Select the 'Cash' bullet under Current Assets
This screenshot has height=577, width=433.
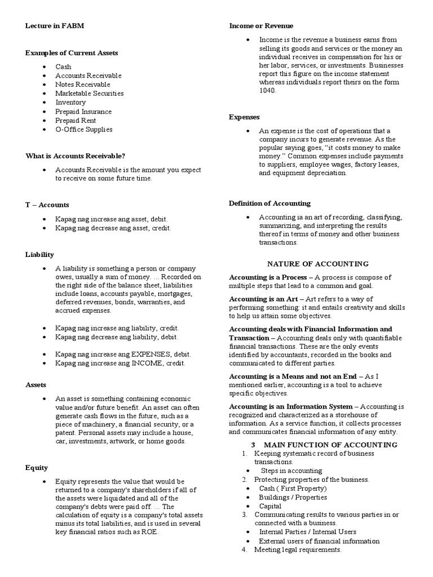(63, 66)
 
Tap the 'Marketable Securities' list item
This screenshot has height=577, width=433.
(89, 94)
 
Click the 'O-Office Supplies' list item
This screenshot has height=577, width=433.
(83, 130)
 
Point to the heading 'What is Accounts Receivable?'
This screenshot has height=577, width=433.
(75, 156)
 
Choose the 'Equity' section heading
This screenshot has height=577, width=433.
(37, 468)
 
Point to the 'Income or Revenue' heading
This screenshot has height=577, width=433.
(261, 26)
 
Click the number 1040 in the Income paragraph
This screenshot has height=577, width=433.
(267, 91)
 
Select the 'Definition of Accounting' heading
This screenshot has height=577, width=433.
(269, 203)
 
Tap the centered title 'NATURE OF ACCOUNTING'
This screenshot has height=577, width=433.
(317, 264)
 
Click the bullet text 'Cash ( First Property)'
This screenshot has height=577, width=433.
(293, 489)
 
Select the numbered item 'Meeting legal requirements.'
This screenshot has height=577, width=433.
(298, 549)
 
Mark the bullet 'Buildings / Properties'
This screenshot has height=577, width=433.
(293, 498)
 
